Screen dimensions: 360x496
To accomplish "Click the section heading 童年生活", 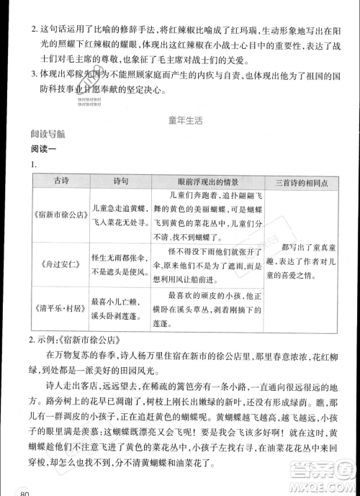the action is point(181,120).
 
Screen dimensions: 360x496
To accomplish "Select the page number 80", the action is point(27,492).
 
